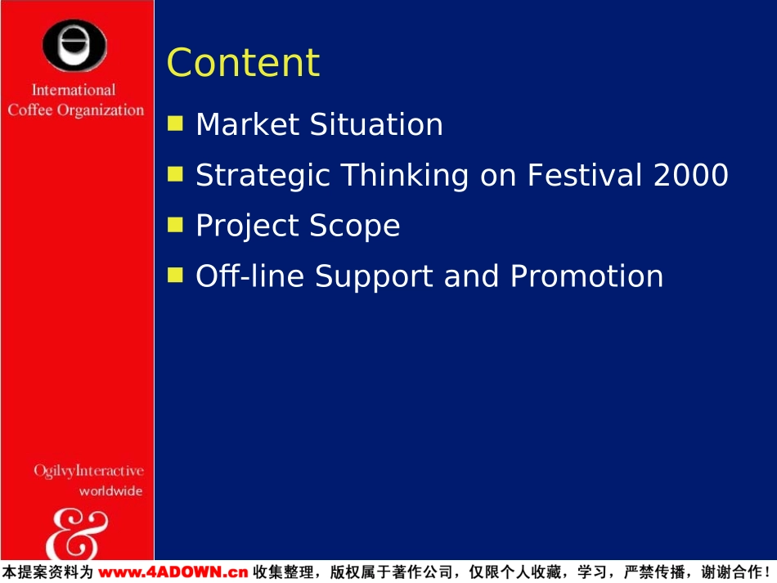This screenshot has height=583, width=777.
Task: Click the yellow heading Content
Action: point(243,62)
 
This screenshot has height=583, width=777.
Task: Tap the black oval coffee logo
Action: point(74,45)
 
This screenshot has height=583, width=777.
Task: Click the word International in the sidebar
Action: point(74,90)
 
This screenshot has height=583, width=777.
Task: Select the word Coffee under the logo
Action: point(30,110)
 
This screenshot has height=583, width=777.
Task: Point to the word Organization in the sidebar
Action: point(101,110)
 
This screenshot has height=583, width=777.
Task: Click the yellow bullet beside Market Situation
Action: point(175,123)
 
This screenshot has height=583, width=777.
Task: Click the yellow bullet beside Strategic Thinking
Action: point(175,174)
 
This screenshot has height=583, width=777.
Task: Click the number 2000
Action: point(691,175)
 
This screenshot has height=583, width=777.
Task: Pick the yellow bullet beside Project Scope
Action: point(175,224)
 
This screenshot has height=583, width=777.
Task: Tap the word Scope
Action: point(355,226)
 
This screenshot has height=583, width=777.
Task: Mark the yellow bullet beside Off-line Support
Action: point(175,275)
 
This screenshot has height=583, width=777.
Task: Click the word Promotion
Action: point(586,276)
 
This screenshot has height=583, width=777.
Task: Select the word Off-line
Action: point(249,276)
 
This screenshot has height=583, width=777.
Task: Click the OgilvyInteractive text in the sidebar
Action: point(88,471)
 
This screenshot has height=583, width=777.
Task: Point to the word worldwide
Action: point(111,491)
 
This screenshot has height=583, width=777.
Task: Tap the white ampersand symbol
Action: point(77,534)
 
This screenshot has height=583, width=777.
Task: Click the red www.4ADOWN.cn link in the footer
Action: point(173,572)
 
